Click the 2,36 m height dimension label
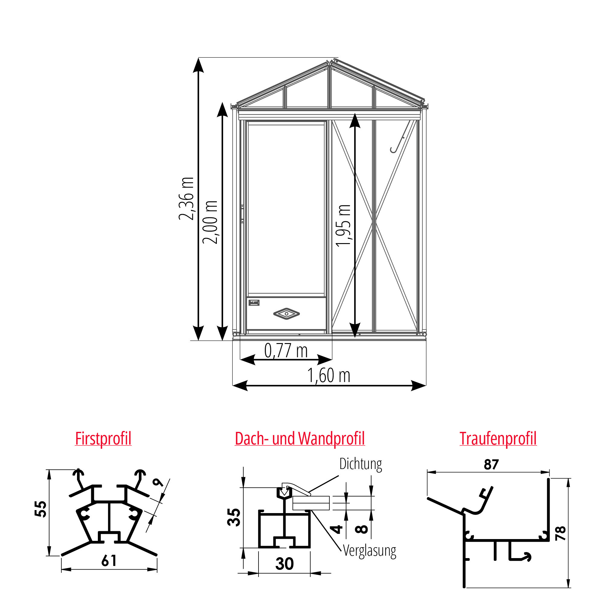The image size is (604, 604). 186,198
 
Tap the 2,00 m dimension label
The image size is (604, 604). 210,222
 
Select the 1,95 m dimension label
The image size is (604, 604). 344,226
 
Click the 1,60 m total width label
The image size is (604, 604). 329,375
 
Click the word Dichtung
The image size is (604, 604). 361,464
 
